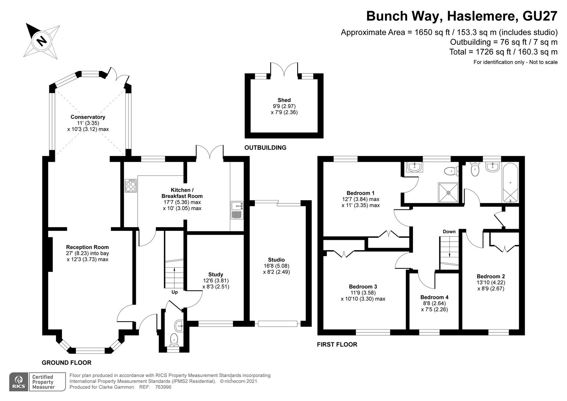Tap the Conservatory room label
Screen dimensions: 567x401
click(88, 117)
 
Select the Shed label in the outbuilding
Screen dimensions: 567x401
click(284, 100)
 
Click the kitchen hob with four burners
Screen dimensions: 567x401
click(131, 186)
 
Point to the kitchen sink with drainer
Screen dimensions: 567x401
click(237, 210)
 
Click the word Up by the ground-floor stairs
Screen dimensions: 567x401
click(175, 292)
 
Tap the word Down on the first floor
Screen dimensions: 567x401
click(449, 232)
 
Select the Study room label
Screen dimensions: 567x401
click(216, 274)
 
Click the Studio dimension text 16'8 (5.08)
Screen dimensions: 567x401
click(276, 266)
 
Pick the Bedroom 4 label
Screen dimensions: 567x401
click(435, 297)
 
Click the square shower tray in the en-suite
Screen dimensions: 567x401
click(448, 193)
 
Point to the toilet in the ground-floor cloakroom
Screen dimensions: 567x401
click(174, 340)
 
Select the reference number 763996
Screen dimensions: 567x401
click(163, 387)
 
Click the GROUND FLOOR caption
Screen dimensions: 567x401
click(66, 363)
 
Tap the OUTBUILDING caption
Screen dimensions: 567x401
click(265, 148)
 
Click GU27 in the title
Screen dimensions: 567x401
click(540, 16)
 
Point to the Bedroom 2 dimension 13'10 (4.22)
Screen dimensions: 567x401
click(491, 283)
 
